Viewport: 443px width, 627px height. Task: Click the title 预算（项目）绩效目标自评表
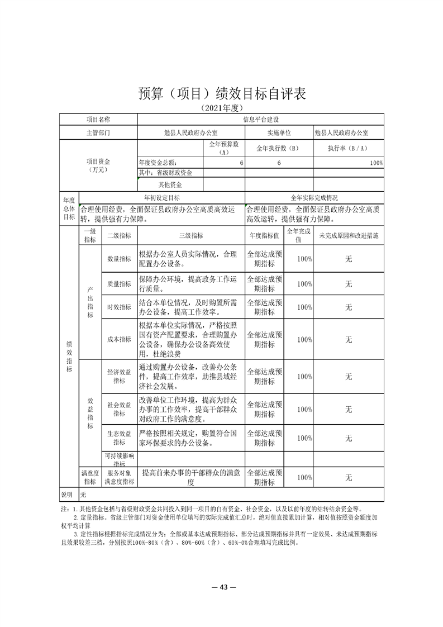point(221,93)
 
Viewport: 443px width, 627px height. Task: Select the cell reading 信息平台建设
point(260,119)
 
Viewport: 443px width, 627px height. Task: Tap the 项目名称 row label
point(98,119)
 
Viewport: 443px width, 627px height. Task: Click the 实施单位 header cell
point(279,133)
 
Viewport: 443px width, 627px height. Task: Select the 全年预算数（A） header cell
point(223,148)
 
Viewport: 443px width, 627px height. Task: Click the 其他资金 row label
point(170,184)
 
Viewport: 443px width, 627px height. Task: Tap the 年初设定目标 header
point(162,198)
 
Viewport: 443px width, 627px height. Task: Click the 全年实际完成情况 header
point(315,198)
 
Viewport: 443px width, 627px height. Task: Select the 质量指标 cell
point(119,284)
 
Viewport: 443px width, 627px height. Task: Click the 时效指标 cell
point(119,307)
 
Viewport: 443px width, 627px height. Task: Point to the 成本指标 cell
point(119,339)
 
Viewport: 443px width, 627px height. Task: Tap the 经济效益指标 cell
point(119,376)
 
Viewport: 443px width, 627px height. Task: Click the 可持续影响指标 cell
point(119,459)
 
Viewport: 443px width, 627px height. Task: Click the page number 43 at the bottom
point(222,587)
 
